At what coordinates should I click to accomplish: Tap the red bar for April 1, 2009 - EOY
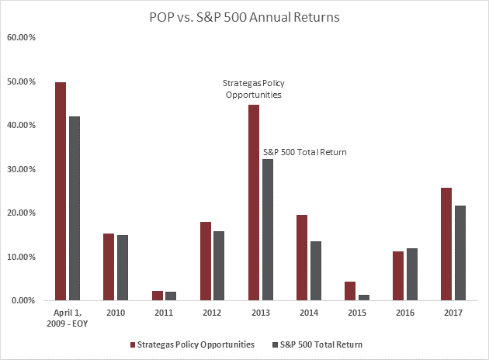pyautogui.click(x=60, y=191)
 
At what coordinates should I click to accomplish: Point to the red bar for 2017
pyautogui.click(x=446, y=244)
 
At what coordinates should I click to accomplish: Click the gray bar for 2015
pyautogui.click(x=363, y=297)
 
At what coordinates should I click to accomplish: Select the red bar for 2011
pyautogui.click(x=157, y=296)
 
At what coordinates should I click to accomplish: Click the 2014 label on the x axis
pyautogui.click(x=308, y=313)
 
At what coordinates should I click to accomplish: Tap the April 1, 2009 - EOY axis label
pyautogui.click(x=67, y=319)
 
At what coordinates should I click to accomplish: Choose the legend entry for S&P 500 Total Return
pyautogui.click(x=319, y=344)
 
